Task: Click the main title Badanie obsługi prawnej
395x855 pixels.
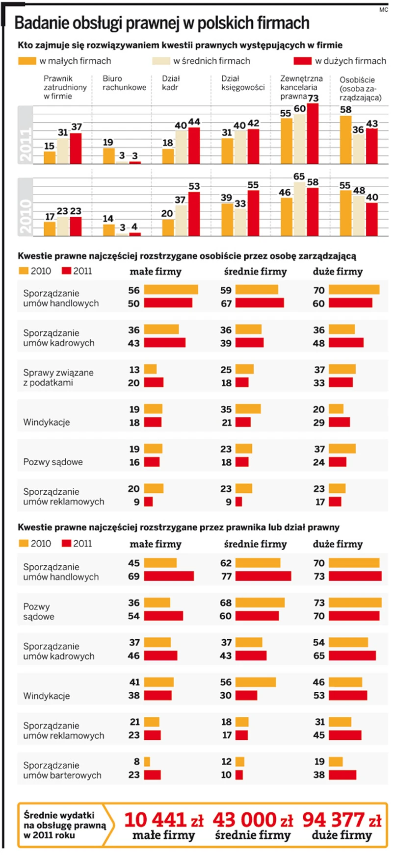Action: [162, 23]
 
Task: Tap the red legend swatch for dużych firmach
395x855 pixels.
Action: [302, 61]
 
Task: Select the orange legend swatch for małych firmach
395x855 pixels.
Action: [27, 61]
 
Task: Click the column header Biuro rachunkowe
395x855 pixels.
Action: [124, 83]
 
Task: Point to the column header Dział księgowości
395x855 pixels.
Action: [243, 83]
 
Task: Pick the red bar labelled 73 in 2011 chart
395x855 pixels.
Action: [313, 133]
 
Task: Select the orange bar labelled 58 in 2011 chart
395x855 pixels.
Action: [346, 139]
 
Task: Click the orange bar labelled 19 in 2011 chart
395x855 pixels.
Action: [108, 155]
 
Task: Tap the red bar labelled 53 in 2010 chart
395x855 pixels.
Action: [194, 214]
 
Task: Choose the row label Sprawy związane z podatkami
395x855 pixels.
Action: [58, 377]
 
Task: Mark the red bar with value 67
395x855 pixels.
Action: [260, 303]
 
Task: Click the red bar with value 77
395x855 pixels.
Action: [263, 576]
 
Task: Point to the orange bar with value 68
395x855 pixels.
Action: [260, 603]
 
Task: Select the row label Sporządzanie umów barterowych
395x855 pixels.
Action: [62, 770]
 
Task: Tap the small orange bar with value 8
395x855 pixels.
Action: [147, 761]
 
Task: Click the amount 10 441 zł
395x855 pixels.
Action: [163, 820]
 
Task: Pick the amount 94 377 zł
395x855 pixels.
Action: [342, 820]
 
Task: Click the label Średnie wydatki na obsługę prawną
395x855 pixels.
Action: [64, 825]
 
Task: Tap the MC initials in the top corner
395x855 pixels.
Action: [383, 10]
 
